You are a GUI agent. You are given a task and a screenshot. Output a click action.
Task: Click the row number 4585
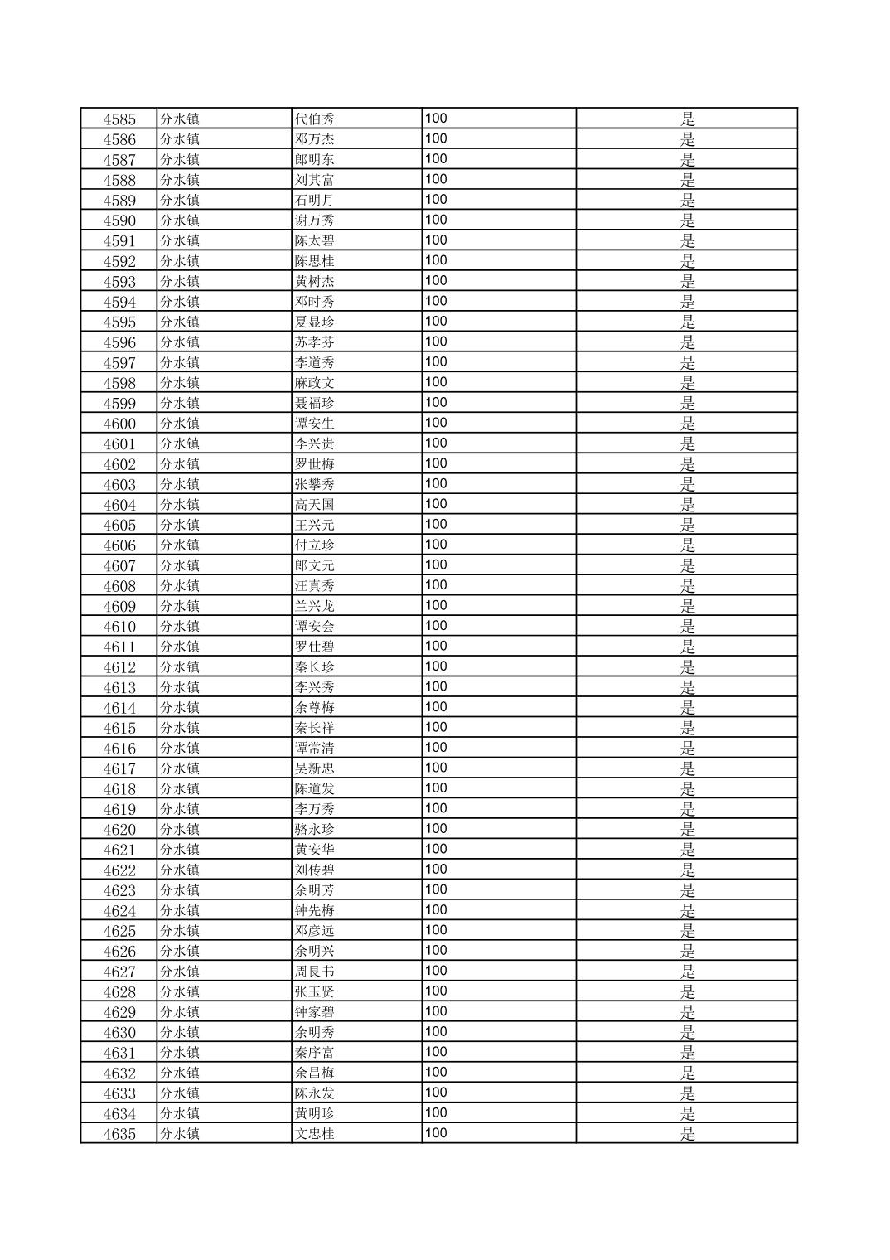[x=119, y=119]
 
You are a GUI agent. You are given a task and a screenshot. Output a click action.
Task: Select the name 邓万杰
[x=315, y=139]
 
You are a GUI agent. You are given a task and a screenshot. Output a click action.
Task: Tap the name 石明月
[x=315, y=200]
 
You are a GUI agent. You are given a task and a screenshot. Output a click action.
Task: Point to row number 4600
[x=119, y=424]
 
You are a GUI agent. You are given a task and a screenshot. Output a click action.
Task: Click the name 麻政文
[x=315, y=383]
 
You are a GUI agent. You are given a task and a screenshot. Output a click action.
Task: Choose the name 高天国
[x=315, y=505]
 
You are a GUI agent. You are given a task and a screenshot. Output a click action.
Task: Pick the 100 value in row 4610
[x=436, y=626]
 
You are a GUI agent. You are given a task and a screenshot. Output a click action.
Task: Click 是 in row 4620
[x=688, y=830]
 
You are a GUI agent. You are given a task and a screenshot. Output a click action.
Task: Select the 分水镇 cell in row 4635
[x=180, y=1134]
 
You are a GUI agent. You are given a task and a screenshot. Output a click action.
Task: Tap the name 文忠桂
[x=315, y=1134]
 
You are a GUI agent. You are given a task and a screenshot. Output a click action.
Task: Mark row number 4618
[x=119, y=789]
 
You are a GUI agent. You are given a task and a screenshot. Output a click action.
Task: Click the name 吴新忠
[x=315, y=768]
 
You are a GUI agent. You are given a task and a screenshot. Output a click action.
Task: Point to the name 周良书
[x=315, y=972]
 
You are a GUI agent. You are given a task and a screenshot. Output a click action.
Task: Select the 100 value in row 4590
[x=436, y=220]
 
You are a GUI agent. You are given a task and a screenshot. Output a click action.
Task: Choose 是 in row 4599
[x=688, y=404]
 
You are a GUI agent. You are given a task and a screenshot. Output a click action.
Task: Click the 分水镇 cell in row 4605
[x=180, y=525]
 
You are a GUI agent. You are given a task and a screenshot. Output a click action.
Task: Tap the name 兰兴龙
[x=315, y=606]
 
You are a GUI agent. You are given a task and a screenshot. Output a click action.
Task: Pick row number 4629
[x=119, y=1012]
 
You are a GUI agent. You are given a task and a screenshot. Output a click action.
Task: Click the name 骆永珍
[x=315, y=830]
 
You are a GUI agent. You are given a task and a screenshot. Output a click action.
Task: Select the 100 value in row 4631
[x=436, y=1052]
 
